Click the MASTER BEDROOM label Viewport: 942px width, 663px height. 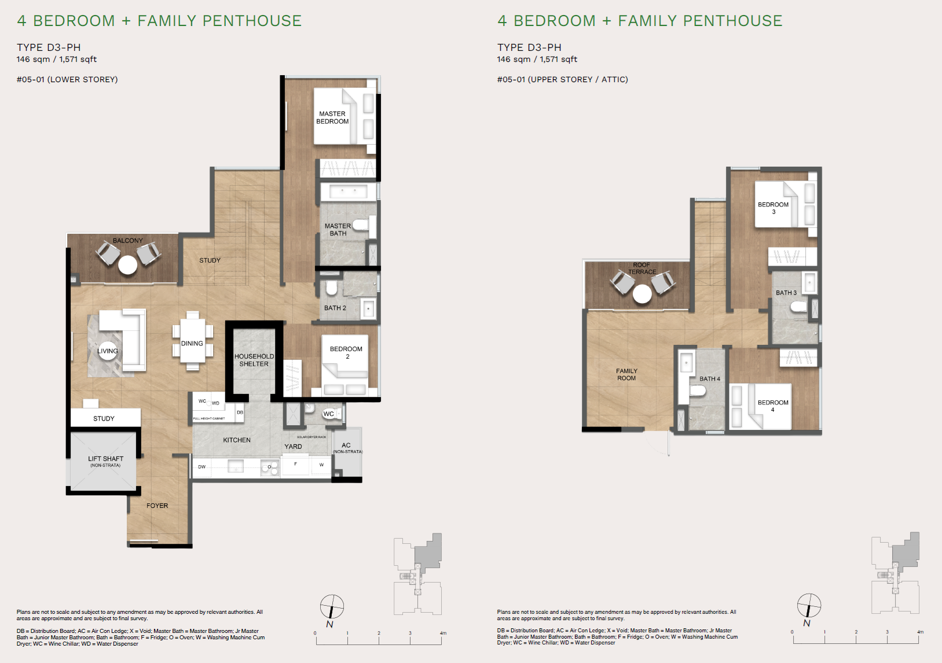click(332, 117)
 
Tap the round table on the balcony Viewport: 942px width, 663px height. click(127, 265)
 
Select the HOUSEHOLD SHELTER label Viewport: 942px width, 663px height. click(254, 360)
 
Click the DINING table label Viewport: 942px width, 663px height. click(192, 344)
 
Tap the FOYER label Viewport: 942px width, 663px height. click(157, 506)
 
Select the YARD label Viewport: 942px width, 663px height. click(293, 447)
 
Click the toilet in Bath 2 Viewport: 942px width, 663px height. click(331, 288)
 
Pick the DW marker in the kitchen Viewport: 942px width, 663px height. click(201, 467)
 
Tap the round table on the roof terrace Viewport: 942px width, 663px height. click(642, 294)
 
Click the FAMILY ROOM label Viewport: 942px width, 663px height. click(626, 374)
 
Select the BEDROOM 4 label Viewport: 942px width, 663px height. click(773, 406)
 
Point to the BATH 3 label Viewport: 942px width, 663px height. click(786, 293)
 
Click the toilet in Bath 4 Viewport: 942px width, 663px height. click(697, 392)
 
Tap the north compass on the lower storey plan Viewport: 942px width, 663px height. click(332, 607)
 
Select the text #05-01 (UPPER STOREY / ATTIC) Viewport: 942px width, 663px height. click(562, 79)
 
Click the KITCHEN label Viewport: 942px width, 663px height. click(237, 440)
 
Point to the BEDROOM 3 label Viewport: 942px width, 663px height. click(773, 208)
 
